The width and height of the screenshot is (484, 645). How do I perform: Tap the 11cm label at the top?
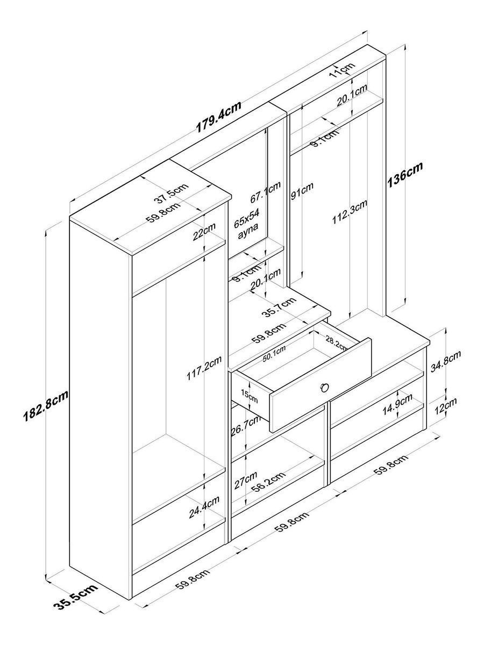click(342, 68)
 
